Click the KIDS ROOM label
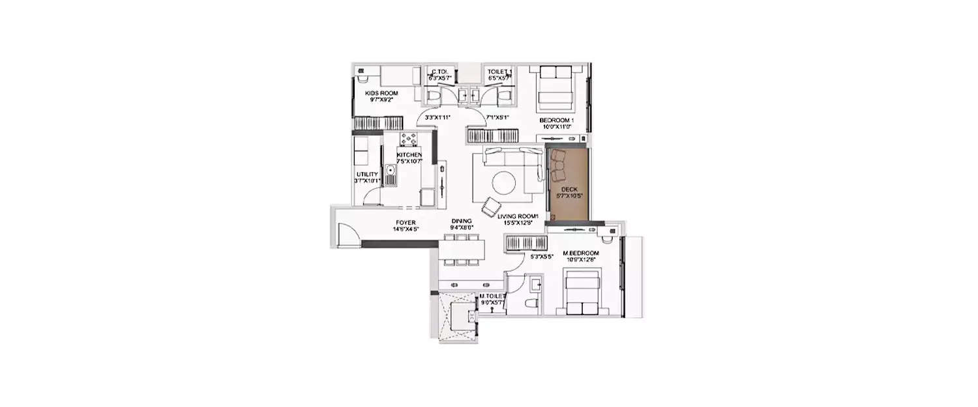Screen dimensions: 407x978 tap(381, 93)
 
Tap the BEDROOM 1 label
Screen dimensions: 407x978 tap(556, 121)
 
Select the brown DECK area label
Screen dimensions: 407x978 tap(569, 189)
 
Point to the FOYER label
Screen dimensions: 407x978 tap(406, 222)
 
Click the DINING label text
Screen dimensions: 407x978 tap(462, 221)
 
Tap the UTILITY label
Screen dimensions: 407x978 tap(366, 174)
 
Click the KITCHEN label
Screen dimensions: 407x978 tap(409, 154)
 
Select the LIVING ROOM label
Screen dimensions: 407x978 tap(518, 216)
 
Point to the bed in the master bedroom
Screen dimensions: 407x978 tap(582, 295)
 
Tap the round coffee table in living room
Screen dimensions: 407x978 tap(505, 182)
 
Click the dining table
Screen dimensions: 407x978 tap(462, 249)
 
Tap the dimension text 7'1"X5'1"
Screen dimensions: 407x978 tap(497, 118)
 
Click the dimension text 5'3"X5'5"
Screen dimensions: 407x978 tap(542, 257)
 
